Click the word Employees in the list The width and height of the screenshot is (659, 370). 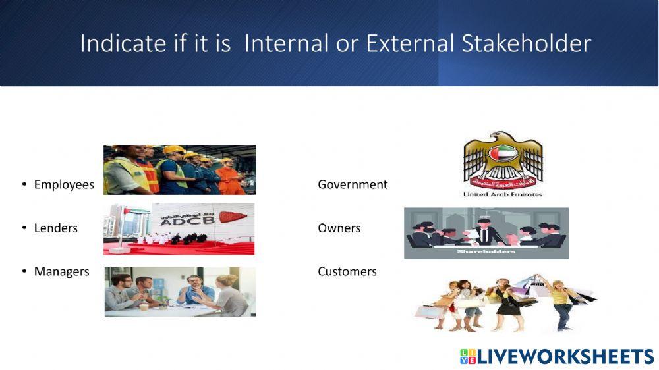(64, 185)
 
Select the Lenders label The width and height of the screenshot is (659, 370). (55, 228)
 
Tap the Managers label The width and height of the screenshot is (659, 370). (61, 272)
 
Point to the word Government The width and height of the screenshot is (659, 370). (353, 185)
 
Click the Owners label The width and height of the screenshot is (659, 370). (339, 228)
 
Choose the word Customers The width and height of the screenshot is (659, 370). (347, 272)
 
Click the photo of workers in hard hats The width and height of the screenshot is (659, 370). (179, 170)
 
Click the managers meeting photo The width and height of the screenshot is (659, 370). (179, 292)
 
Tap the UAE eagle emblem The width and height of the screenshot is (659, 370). (502, 159)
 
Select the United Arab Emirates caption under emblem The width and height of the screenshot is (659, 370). (502, 194)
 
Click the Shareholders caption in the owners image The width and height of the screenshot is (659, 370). (486, 251)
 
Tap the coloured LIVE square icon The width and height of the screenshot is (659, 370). (467, 357)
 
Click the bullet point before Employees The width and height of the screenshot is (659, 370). (23, 185)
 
